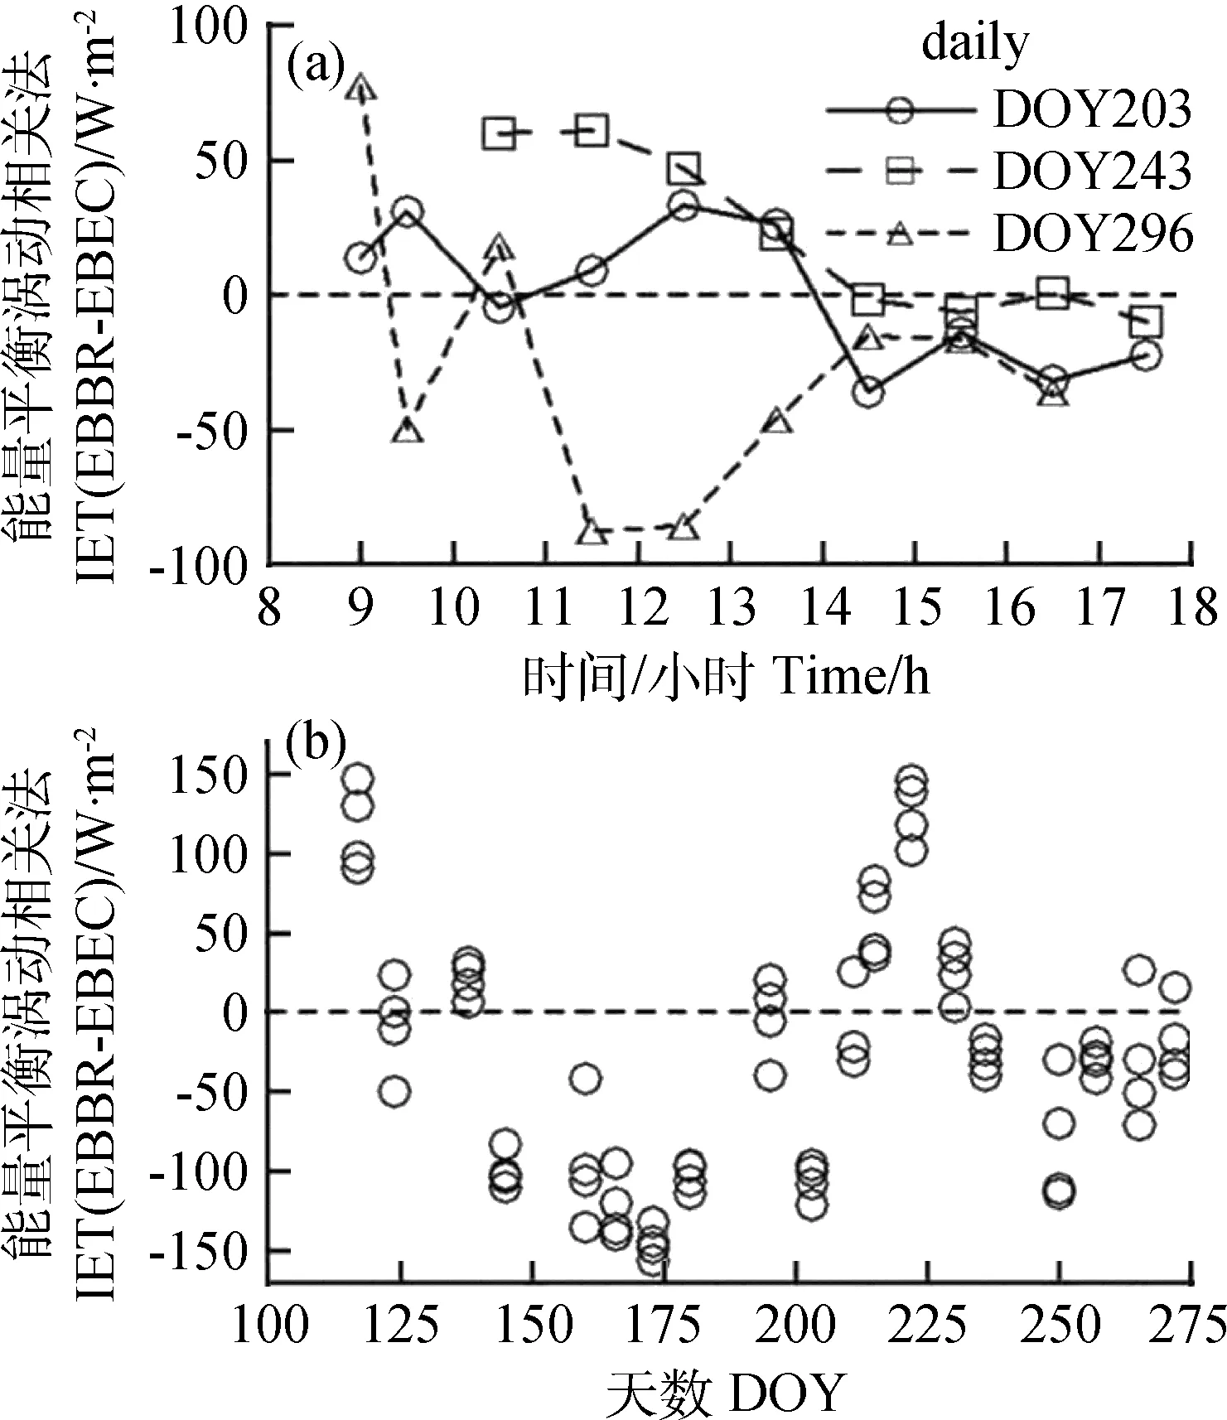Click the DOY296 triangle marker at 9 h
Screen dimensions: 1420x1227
coord(362,87)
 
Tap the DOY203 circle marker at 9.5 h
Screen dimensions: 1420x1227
coord(408,213)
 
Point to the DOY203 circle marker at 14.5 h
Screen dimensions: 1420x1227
coord(868,393)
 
